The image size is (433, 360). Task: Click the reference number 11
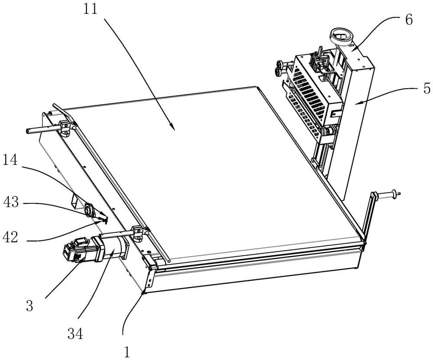click(x=90, y=9)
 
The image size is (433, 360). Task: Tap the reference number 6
click(x=409, y=19)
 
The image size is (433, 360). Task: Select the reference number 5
click(x=427, y=89)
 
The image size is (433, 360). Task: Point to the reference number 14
click(x=10, y=160)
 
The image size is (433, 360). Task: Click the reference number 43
click(x=11, y=202)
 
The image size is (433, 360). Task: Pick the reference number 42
click(x=10, y=237)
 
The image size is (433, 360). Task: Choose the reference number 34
click(x=75, y=334)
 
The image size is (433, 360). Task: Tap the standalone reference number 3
click(x=30, y=306)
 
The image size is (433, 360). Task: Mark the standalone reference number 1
click(x=127, y=352)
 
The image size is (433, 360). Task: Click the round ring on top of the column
click(x=341, y=36)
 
